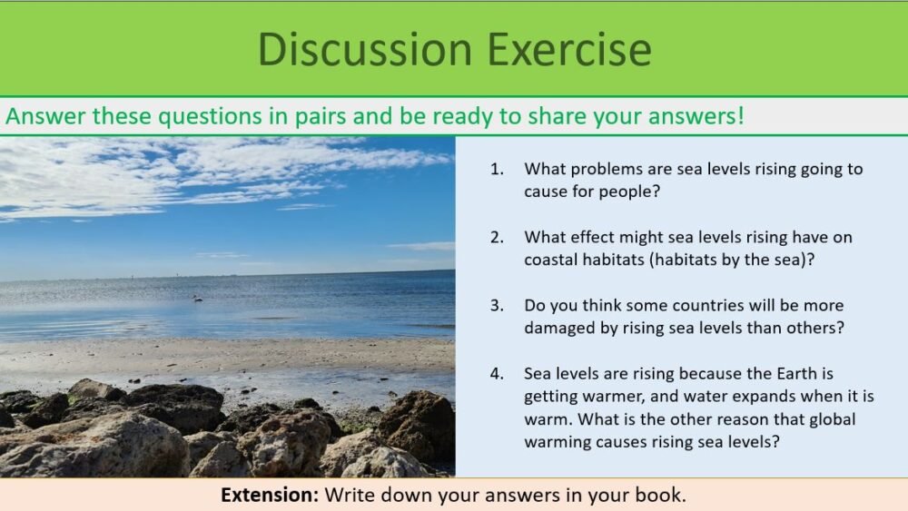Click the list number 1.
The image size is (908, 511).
[x=496, y=169]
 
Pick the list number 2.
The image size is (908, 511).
[x=496, y=237]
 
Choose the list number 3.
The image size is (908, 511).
[x=496, y=305]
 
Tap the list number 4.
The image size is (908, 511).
[x=496, y=373]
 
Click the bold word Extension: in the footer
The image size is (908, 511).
[x=270, y=496]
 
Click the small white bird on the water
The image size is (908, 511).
[x=197, y=298]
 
